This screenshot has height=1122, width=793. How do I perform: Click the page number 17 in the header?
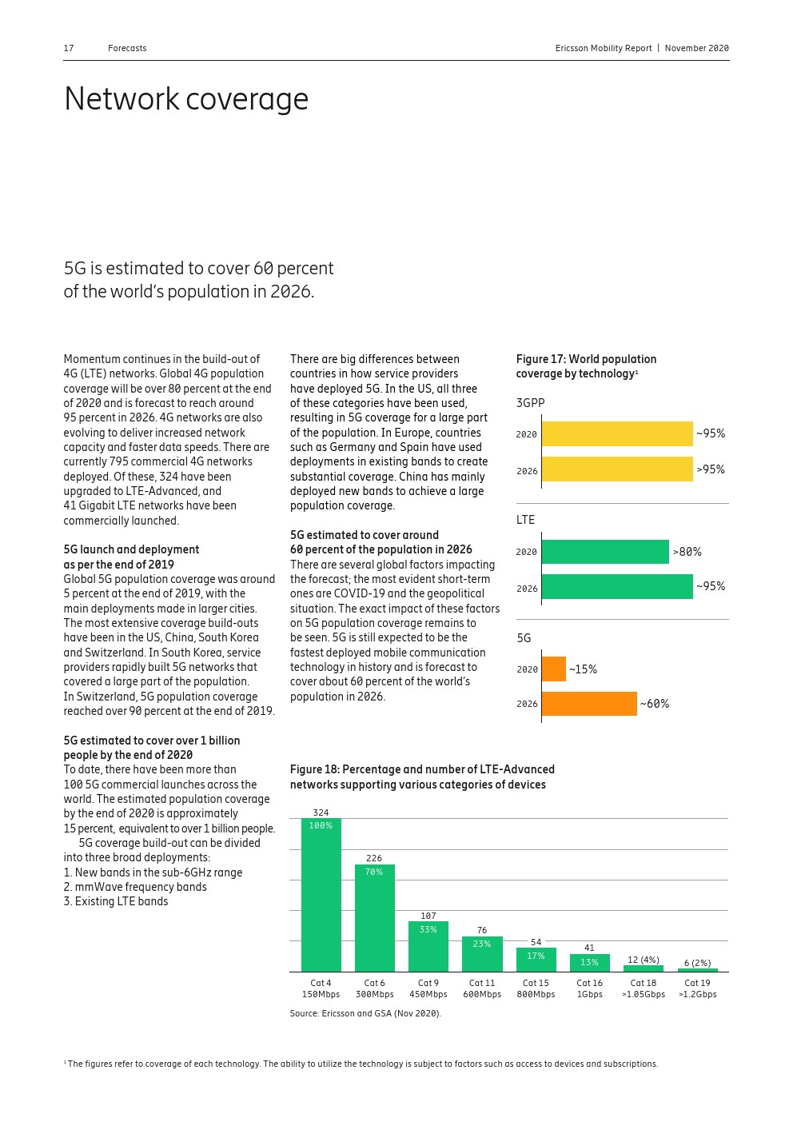tap(69, 49)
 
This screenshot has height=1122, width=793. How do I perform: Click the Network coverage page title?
tap(186, 99)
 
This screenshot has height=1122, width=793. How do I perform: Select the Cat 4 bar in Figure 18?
tap(321, 896)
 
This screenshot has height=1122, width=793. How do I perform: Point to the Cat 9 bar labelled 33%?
tap(428, 947)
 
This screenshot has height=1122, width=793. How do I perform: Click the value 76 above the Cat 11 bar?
tap(482, 930)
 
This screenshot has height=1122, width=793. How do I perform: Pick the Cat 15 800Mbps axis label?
tap(536, 988)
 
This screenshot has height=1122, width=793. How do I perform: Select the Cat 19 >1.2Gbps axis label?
tap(697, 988)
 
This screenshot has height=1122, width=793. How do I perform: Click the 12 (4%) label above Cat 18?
tap(643, 960)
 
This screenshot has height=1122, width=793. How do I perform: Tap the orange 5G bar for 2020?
tap(553, 669)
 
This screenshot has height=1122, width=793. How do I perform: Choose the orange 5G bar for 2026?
tap(589, 704)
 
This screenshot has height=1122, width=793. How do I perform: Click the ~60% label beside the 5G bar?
tap(655, 704)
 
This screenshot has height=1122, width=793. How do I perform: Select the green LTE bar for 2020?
tap(605, 552)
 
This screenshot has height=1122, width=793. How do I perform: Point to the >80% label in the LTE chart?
tap(687, 552)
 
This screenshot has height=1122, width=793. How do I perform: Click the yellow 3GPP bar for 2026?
tap(617, 469)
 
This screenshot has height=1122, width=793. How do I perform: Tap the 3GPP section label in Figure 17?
tap(530, 403)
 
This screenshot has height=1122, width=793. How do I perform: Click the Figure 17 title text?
tap(586, 366)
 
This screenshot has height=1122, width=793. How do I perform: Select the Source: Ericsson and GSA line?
tap(365, 1013)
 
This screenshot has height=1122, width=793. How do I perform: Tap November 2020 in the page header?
tap(696, 49)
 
